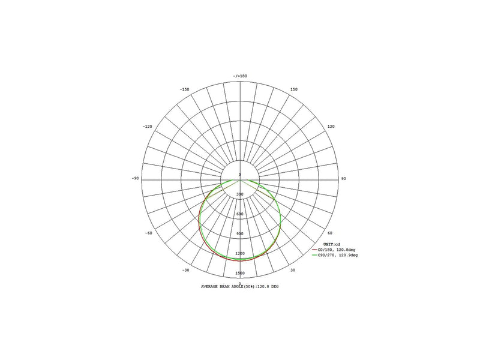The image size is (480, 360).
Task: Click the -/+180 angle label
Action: (x=240, y=76)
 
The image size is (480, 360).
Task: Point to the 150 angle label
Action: (x=293, y=89)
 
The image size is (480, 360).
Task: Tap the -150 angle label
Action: (x=185, y=89)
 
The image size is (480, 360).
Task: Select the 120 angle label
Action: (x=331, y=127)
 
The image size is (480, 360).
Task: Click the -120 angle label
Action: (x=147, y=127)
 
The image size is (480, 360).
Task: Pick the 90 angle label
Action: (x=343, y=178)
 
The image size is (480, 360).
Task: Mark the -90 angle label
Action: (x=136, y=178)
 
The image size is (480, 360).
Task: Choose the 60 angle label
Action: (x=329, y=233)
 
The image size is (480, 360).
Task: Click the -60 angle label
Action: (x=148, y=233)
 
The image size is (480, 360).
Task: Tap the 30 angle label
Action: (x=293, y=270)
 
